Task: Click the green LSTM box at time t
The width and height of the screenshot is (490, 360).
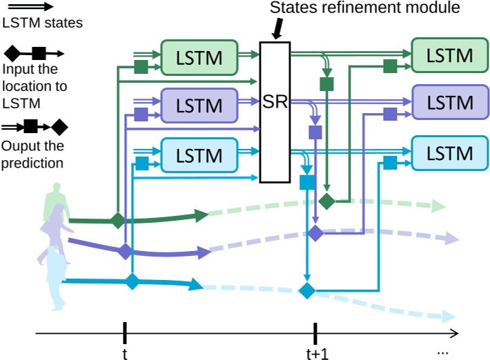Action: pos(199,56)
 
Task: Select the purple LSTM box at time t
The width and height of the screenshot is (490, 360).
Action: pos(199,106)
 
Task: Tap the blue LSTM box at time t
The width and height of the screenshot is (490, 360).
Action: pos(199,154)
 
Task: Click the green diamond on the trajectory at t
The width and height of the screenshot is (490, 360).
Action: pos(119,221)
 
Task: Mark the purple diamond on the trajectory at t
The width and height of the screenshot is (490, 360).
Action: pos(125,251)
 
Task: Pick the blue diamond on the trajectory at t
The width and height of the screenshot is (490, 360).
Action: pos(132,281)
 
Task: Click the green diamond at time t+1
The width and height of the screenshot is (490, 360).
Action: pos(326,201)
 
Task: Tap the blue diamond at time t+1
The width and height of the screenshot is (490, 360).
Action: pos(306,290)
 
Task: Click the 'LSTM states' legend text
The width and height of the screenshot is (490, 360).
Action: pos(33,23)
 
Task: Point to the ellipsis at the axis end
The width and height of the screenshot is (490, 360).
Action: pos(444,352)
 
